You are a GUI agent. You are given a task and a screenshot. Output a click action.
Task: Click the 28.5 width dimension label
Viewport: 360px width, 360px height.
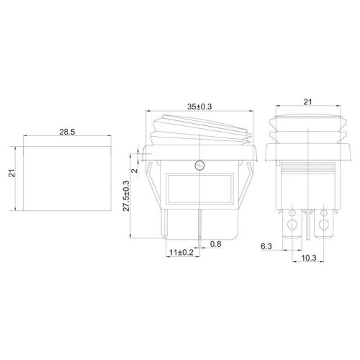[67, 132]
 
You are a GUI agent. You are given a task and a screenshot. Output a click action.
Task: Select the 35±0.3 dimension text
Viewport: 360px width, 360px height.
[199, 107]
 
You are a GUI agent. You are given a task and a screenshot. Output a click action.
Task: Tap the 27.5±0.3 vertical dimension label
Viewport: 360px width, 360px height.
[126, 196]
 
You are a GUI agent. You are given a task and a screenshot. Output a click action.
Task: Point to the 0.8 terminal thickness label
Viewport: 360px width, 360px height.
[215, 244]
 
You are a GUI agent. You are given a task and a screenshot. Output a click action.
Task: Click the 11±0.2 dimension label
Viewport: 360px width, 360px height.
[181, 253]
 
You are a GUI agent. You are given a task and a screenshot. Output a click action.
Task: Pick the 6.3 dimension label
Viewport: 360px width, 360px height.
[266, 246]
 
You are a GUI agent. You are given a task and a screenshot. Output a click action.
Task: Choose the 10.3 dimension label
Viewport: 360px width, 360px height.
[309, 258]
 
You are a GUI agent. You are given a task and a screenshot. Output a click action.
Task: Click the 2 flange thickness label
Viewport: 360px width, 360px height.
[135, 171]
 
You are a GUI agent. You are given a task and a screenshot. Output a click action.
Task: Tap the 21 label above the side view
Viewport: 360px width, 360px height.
[307, 102]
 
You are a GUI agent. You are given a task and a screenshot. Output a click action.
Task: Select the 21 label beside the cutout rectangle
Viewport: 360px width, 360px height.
[12, 174]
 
